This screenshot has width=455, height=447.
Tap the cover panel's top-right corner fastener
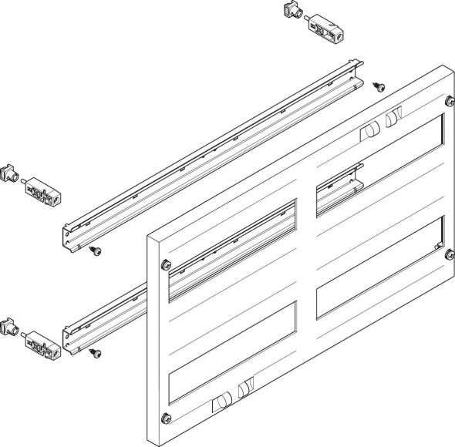click(448, 100)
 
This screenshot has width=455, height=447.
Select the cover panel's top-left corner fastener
click(165, 264)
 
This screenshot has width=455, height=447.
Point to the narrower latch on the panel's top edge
click(391, 119)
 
